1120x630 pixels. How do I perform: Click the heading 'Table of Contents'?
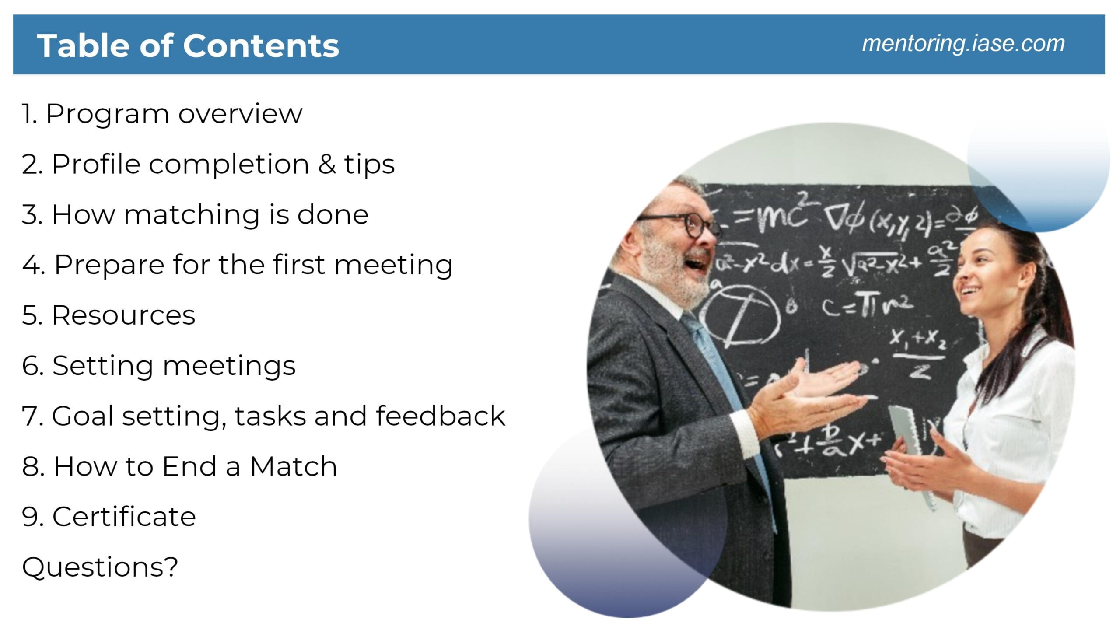point(188,45)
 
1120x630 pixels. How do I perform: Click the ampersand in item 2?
point(327,164)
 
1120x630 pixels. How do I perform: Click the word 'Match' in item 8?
point(293,466)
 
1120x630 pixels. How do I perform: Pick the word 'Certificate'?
point(124,517)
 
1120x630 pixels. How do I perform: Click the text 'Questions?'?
point(100,567)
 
